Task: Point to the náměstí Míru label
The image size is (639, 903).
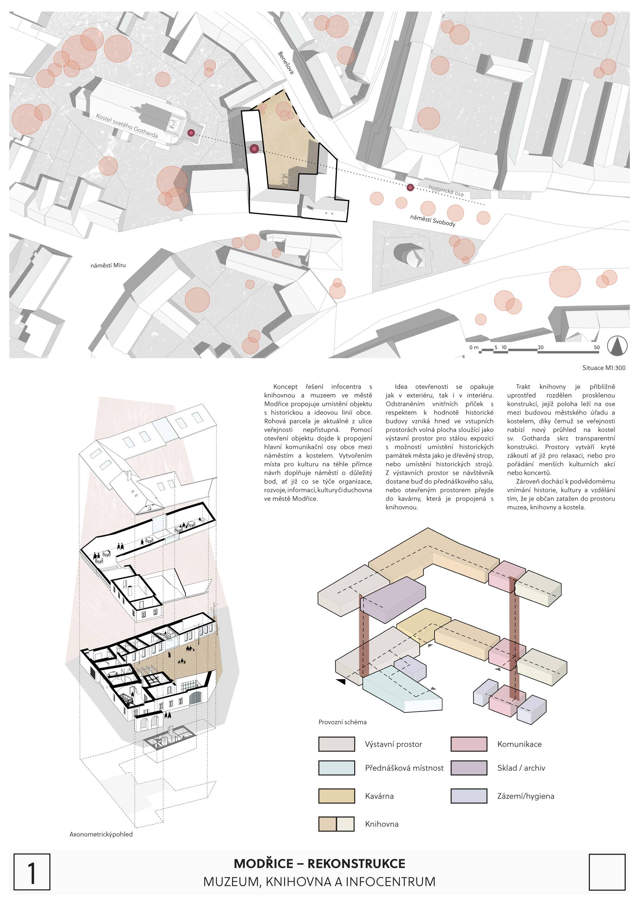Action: (x=108, y=265)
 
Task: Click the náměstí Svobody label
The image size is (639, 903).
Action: (x=433, y=221)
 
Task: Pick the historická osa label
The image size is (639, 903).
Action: (x=446, y=191)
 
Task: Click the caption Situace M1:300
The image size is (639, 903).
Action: (x=604, y=368)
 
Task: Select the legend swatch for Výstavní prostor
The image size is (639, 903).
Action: (x=336, y=744)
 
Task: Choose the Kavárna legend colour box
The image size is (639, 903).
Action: (x=336, y=796)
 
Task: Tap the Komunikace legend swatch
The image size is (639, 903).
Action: (x=469, y=744)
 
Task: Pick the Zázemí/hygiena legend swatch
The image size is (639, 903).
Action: (x=469, y=796)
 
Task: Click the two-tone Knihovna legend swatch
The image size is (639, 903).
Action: (x=336, y=824)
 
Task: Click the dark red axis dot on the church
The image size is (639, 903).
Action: (x=191, y=133)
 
